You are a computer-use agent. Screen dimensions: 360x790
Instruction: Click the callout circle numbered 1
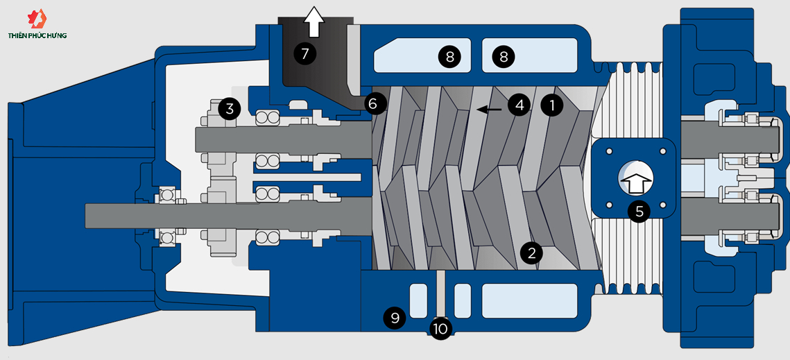pos(551,105)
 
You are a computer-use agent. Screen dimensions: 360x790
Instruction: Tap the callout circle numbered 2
pos(531,252)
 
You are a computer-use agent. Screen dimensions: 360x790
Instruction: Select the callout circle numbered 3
pos(230,108)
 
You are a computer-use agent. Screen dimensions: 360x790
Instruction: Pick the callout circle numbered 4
pos(519,105)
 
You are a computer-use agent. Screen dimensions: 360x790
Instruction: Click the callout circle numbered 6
pos(373,104)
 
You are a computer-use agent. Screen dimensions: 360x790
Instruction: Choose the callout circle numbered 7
pos(304,53)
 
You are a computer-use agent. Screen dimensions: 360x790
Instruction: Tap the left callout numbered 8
pos(449,57)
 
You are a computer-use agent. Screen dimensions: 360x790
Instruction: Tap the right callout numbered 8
pos(504,57)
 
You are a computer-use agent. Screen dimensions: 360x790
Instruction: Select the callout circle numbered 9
pos(395,318)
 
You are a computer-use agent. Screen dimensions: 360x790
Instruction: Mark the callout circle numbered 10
pos(440,328)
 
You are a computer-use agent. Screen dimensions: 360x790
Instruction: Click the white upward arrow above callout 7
pos(315,20)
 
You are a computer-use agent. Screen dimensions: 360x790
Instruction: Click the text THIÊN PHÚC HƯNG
pos(37,35)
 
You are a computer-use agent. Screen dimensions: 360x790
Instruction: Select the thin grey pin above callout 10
pos(440,294)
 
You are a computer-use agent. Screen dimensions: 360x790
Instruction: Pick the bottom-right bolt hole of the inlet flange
pos(664,205)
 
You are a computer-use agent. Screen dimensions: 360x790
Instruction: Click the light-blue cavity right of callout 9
pos(418,300)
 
